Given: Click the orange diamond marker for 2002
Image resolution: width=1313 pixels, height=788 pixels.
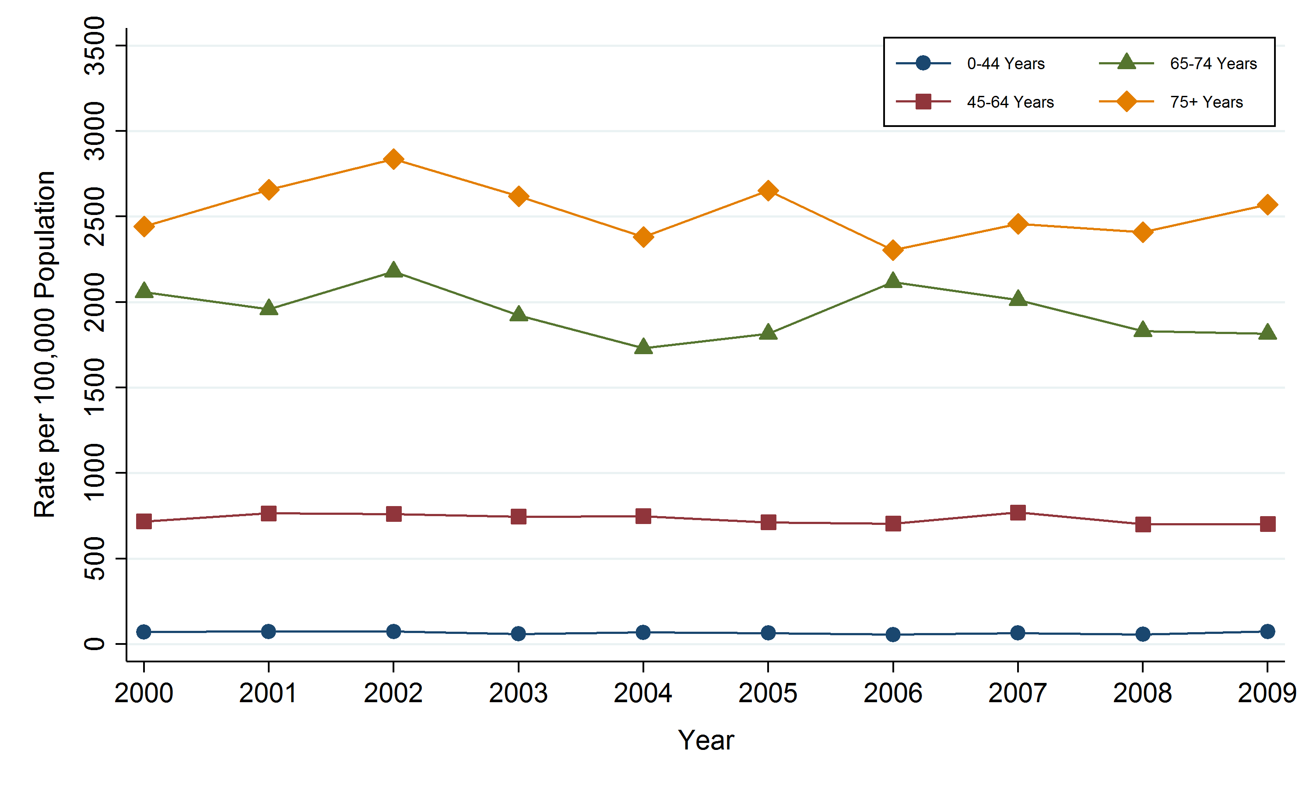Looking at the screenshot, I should click(393, 159).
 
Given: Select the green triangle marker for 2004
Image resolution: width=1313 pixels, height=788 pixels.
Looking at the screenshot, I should click(643, 347).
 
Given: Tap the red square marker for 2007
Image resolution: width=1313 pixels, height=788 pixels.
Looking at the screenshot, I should click(1018, 512).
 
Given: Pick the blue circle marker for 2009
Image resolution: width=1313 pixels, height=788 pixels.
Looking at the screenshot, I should click(1267, 631).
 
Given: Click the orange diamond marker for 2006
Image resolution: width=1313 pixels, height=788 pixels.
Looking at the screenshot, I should click(893, 250).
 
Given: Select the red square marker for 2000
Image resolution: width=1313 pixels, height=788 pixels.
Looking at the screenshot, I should click(144, 521).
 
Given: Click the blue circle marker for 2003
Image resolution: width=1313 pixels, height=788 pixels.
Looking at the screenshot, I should click(519, 633).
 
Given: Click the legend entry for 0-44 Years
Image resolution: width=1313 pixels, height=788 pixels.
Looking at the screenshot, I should click(1005, 64).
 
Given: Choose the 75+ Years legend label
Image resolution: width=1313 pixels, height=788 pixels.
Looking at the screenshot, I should click(1206, 102).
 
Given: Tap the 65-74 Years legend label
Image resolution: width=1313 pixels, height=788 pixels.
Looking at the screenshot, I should click(1213, 64).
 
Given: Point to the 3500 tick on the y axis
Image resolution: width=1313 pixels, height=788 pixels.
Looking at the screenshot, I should click(95, 46).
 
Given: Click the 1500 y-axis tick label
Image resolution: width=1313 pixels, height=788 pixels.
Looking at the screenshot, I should click(95, 387).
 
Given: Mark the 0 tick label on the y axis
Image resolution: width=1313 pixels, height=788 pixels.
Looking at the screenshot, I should click(95, 644).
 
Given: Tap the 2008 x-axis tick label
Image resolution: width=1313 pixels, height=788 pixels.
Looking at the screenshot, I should click(1142, 693).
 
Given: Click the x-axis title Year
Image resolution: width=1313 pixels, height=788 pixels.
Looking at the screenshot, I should click(706, 740).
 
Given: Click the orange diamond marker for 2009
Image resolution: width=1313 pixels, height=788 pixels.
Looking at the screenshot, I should click(1267, 204).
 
